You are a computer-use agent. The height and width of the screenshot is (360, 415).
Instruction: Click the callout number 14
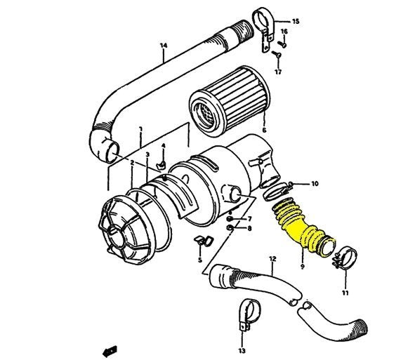(x=164, y=46)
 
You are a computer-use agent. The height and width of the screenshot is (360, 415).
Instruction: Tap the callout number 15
(x=295, y=22)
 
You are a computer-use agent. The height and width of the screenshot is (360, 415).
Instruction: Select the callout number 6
(x=263, y=131)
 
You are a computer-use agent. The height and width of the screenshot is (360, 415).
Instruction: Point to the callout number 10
(x=315, y=184)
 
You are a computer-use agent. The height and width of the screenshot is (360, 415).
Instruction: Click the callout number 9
(x=302, y=267)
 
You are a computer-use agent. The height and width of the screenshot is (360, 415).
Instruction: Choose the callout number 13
(x=241, y=349)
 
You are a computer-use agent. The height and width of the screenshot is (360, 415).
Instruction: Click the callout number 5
(x=199, y=260)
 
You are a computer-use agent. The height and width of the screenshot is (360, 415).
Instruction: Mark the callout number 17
(x=278, y=72)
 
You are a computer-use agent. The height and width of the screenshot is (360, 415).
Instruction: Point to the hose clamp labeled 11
(x=342, y=258)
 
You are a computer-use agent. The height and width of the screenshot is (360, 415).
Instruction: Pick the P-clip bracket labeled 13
(x=241, y=314)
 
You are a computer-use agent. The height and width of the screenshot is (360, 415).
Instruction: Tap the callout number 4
(x=162, y=147)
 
